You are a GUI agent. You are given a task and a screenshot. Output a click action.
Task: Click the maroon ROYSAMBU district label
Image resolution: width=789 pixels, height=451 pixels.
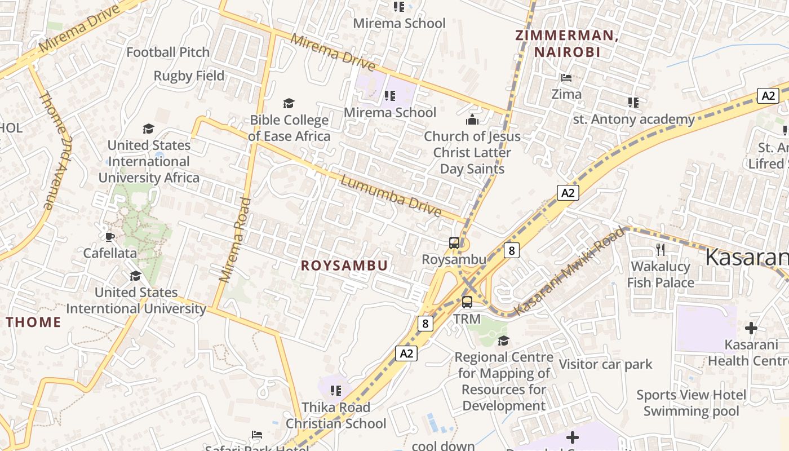344,266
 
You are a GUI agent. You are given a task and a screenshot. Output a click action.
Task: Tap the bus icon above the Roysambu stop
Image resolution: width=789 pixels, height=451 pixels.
454,243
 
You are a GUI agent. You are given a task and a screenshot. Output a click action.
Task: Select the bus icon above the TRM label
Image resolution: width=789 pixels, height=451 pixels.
467,302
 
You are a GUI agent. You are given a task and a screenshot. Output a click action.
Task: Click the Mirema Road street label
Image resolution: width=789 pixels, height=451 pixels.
235,240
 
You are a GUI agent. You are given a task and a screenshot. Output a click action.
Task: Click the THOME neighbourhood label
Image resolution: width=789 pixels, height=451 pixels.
33,322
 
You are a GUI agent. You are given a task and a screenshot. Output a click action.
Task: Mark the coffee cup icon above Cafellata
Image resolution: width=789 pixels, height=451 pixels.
110,237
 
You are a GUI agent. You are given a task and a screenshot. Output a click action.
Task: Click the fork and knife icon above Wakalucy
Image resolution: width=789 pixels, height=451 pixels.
661,249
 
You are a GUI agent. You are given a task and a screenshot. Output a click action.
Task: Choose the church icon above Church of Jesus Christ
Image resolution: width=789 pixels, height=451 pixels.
472,120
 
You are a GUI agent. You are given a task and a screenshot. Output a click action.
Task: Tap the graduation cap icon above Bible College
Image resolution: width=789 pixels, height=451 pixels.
289,103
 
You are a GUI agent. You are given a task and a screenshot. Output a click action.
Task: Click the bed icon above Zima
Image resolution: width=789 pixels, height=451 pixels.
566,78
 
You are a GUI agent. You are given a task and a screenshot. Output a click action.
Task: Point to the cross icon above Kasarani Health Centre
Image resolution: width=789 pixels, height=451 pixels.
751,328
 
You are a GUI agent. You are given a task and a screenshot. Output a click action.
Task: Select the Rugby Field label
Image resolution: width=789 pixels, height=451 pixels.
189,76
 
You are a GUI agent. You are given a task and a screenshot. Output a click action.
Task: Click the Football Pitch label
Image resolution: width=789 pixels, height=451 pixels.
168,52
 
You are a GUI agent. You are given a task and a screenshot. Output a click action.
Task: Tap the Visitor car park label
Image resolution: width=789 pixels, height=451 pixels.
605,364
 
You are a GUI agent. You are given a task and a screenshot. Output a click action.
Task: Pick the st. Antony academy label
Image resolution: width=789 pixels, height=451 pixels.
633,120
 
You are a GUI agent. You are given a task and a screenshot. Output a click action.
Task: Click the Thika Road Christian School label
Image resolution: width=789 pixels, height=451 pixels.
336,415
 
